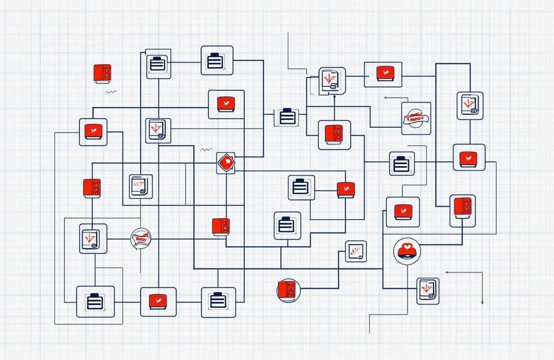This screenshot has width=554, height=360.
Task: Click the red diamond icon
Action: point(225,163)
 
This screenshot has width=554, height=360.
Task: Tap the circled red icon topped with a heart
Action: point(407,251)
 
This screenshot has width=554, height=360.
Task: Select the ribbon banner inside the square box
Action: point(416,118)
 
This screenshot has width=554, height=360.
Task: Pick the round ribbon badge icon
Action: point(141,238)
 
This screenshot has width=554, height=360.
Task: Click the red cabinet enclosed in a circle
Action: point(288,290)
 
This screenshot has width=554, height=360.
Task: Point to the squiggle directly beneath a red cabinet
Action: point(111,92)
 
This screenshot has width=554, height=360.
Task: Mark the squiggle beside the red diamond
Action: point(206,150)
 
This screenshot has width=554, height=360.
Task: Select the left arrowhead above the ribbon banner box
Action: point(386,98)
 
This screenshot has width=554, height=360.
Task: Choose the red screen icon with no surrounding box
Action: point(345,190)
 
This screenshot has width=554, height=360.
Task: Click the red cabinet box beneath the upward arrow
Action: point(334,135)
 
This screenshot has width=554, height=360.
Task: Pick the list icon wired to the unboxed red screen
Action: point(301,187)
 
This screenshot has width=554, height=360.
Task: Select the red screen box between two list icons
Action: point(158,302)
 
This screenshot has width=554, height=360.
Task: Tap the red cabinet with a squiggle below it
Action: point(102,73)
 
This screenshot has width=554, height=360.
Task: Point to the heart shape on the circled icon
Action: point(407,247)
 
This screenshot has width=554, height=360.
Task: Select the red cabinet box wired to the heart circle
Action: point(462,211)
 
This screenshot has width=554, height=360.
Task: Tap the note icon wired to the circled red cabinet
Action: point(356,251)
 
